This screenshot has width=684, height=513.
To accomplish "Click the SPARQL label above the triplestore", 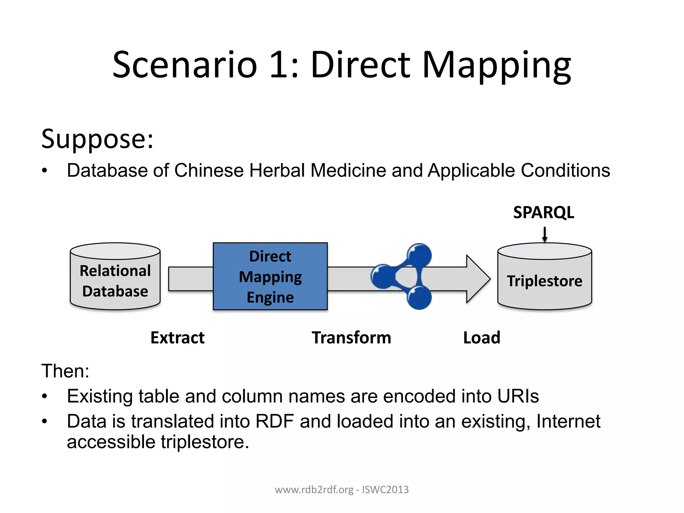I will point(543,212).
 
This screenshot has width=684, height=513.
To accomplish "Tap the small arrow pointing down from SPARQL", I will point(544,234).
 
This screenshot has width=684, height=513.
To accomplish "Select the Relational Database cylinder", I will point(115,277).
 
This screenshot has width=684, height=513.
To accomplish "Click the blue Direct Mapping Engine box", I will point(270,277).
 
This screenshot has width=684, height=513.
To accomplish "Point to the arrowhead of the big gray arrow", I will point(478,279).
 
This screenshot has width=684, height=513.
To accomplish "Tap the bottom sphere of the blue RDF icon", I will point(419,297).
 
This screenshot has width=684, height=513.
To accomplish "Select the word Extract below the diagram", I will point(177,338).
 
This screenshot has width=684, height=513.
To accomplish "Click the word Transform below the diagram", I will point(351,338).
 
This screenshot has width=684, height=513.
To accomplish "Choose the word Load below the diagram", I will point(482,338).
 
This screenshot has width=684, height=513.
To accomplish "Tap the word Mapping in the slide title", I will point(497,65).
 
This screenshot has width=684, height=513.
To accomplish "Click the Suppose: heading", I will point(97,139).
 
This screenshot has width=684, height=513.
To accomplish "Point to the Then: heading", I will point(65,371).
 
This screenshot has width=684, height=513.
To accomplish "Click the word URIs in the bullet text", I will point(518,396).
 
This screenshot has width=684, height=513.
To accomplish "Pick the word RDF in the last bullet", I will point(275,421).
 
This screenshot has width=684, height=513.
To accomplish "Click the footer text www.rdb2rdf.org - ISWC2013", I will point(342,490).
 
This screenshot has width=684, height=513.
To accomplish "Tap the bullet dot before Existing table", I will point(45,396).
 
